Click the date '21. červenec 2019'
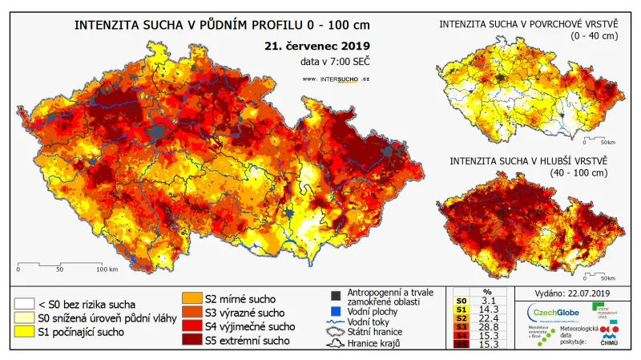coord(317,46)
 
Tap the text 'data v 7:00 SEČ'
coord(336,61)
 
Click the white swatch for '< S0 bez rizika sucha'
coord(24,304)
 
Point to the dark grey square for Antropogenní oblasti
coord(336,293)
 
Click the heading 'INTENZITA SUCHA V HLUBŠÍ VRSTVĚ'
coord(530,160)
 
